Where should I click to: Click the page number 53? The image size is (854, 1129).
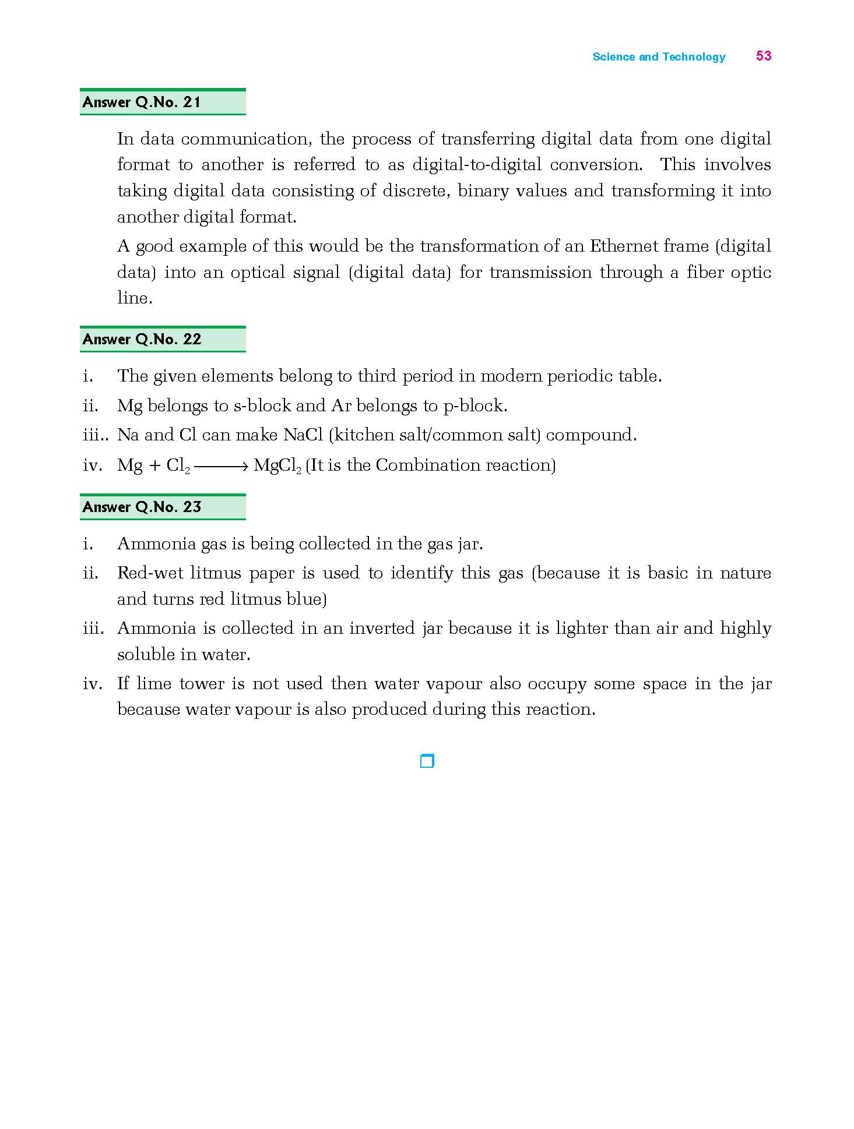coord(763,56)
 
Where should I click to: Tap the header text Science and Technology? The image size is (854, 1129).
coord(659,57)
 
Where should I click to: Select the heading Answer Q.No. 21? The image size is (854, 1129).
coord(142,103)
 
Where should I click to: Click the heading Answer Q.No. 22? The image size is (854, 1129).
coord(142,340)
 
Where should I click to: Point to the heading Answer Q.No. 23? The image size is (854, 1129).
coord(142,507)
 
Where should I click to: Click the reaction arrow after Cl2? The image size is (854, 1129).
coord(222,466)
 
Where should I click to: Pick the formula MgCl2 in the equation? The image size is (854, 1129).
coord(277,465)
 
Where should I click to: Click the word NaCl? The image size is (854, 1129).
coord(303,435)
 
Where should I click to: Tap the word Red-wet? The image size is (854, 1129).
coord(150,573)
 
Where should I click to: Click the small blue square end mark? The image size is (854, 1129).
coord(427,761)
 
